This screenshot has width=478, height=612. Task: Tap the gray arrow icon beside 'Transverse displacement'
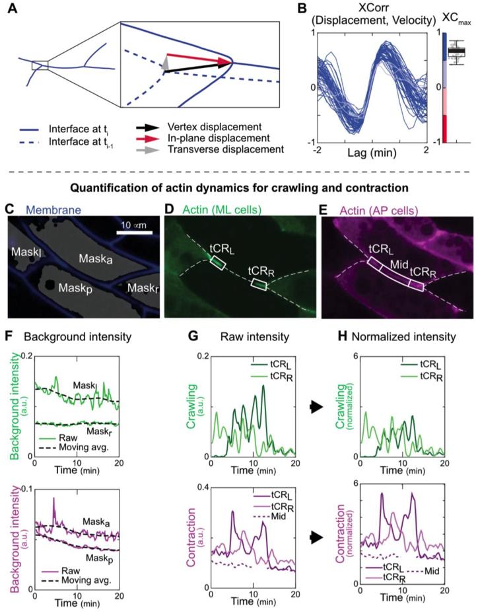(188, 149)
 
